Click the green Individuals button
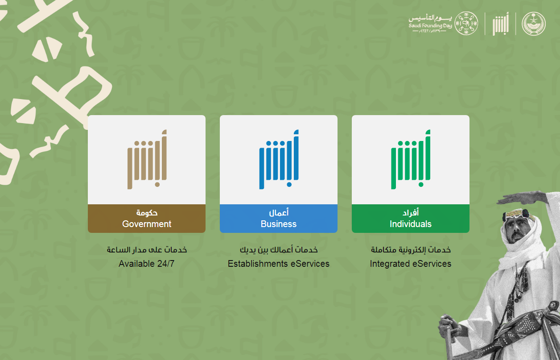(x=411, y=219)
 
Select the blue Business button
(x=279, y=219)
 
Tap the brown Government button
(x=147, y=219)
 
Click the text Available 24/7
(x=147, y=264)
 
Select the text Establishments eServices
(x=279, y=264)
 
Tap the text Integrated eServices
(x=411, y=264)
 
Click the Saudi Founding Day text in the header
(x=430, y=25)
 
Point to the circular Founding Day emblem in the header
(x=466, y=23)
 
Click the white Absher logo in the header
(x=501, y=24)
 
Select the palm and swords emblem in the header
(x=534, y=24)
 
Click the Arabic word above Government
(x=147, y=213)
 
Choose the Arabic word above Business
(x=279, y=212)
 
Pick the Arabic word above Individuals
(x=411, y=212)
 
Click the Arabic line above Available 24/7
(x=147, y=250)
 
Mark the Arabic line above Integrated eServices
(x=411, y=250)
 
